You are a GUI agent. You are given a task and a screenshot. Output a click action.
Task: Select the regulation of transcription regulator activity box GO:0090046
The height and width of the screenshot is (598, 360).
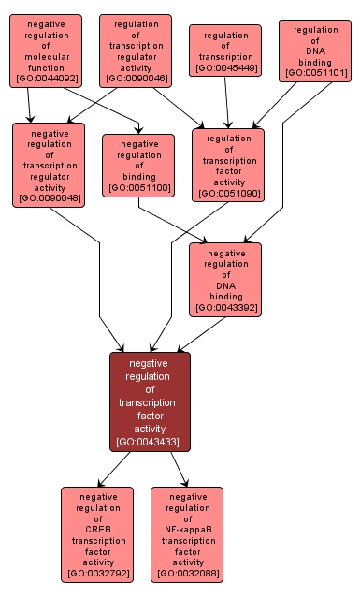pyautogui.click(x=135, y=51)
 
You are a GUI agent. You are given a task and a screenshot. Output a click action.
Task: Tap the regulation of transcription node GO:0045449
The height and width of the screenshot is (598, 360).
pyautogui.click(x=225, y=51)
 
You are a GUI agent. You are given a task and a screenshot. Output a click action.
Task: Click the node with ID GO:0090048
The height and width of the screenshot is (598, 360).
pyautogui.click(x=49, y=165)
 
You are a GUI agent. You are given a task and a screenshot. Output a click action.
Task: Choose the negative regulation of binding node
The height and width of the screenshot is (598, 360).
pyautogui.click(x=138, y=166)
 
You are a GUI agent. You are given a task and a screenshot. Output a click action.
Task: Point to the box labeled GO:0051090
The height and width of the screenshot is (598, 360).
pyautogui.click(x=228, y=165)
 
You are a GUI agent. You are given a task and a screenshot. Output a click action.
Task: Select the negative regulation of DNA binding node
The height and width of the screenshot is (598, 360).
pyautogui.click(x=225, y=279)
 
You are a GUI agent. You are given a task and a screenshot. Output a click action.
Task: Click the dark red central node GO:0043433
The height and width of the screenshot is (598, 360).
pyautogui.click(x=150, y=401)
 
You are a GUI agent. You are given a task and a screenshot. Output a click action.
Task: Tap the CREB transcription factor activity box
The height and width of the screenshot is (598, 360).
pyautogui.click(x=97, y=534)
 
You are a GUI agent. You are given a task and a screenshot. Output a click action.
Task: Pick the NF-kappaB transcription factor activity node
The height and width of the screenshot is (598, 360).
pyautogui.click(x=187, y=534)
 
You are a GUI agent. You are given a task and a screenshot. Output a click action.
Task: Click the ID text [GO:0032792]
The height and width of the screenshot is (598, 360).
pyautogui.click(x=97, y=574)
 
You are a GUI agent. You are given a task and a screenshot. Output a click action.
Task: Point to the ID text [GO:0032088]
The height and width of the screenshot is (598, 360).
pyautogui.click(x=187, y=574)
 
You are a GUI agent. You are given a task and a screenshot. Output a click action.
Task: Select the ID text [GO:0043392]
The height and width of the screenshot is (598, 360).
pyautogui.click(x=225, y=306)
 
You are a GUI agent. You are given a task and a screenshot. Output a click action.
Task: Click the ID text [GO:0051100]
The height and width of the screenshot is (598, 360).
pyautogui.click(x=138, y=188)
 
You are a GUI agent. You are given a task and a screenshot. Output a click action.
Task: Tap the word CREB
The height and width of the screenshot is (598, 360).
pyautogui.click(x=97, y=529)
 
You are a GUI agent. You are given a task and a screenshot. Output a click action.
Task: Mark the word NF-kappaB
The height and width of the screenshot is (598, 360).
pyautogui.click(x=187, y=529)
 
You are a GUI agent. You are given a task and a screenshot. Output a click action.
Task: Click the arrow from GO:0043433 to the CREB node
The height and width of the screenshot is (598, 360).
pyautogui.click(x=116, y=468)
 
